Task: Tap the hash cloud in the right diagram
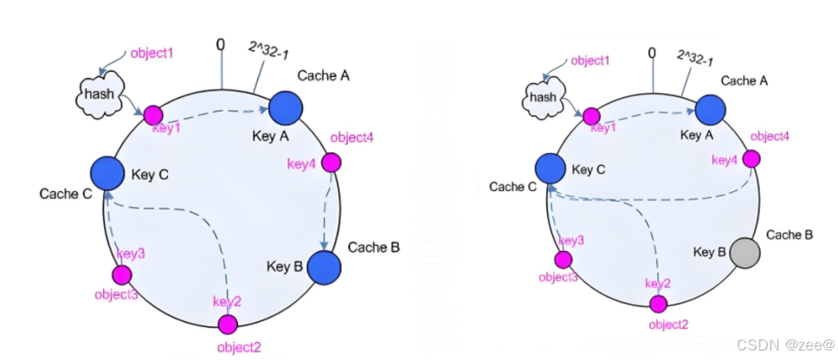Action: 544,97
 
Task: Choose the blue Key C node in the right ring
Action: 551,170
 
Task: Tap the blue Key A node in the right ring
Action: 710,110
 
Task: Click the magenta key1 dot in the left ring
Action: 153,114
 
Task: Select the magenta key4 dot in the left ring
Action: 331,163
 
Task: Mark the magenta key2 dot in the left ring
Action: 228,325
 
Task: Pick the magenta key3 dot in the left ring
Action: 122,274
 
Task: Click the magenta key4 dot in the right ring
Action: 751,159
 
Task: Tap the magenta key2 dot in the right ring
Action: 659,304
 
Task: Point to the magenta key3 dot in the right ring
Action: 564,259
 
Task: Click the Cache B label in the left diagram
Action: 373,247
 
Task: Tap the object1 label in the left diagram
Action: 151,53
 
